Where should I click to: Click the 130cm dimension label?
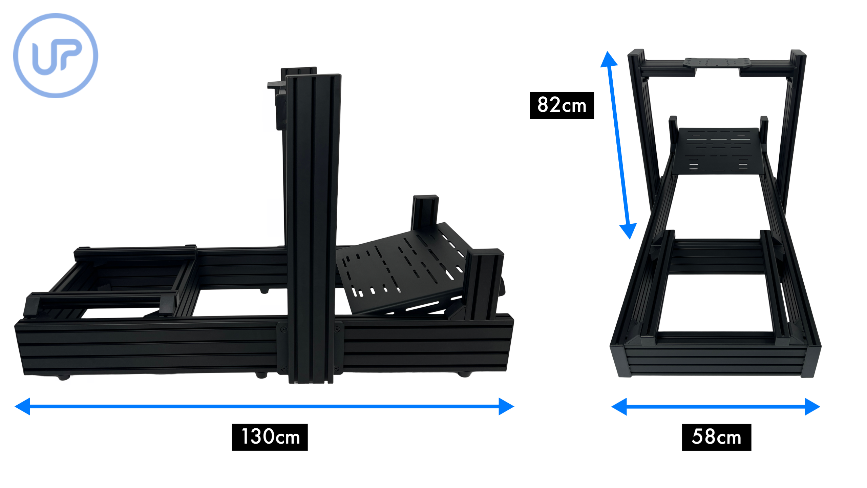click(270, 437)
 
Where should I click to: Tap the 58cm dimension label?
click(716, 437)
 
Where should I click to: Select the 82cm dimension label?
click(562, 105)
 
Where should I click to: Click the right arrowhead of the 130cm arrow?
click(506, 406)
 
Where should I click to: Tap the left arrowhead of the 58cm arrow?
click(619, 406)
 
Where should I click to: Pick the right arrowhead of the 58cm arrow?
click(812, 406)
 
